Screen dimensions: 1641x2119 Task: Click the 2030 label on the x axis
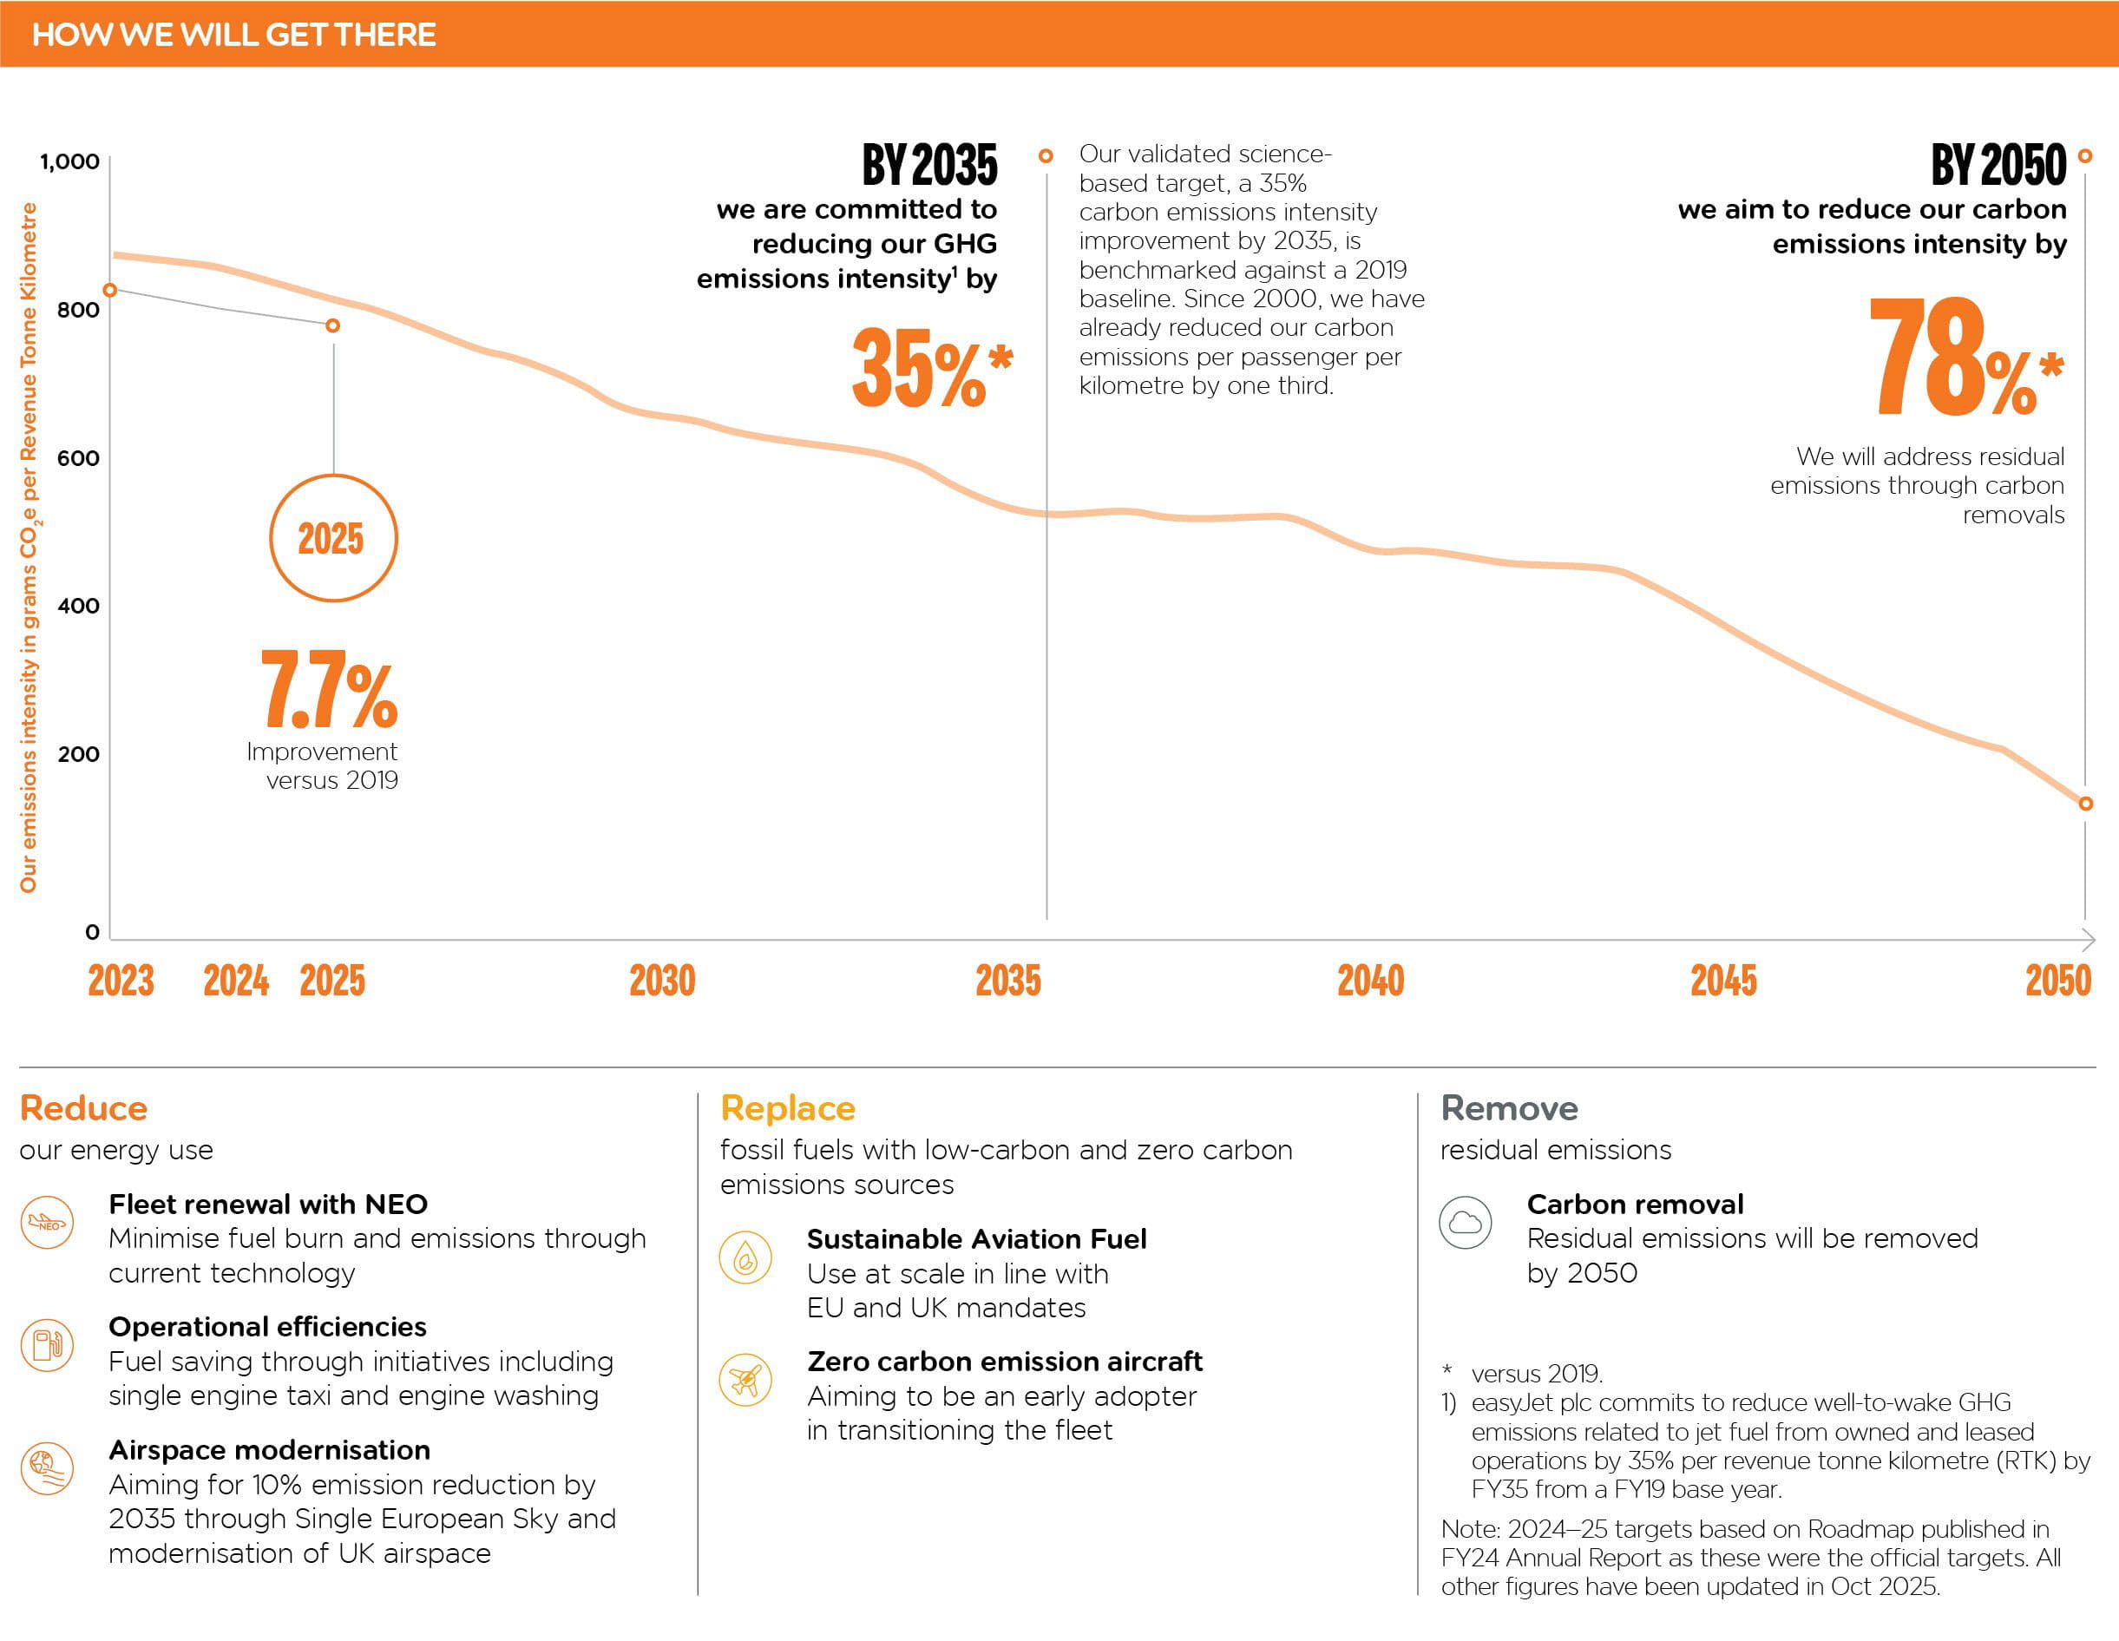click(662, 980)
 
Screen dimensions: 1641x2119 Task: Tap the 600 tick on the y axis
click(79, 458)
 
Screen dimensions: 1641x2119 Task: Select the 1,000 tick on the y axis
click(70, 161)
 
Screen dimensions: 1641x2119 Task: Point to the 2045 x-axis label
click(1723, 980)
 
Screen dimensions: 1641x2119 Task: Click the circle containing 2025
click(333, 539)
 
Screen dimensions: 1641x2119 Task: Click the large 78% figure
click(1965, 358)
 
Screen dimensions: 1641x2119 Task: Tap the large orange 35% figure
click(929, 368)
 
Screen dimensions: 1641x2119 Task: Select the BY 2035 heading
click(929, 164)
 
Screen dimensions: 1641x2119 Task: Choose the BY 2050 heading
click(1998, 164)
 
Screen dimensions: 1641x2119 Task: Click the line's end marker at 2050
click(2085, 804)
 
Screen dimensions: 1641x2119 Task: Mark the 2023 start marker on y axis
click(110, 290)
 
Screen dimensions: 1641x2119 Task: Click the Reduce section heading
click(83, 1108)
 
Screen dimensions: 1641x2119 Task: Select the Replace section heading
click(788, 1108)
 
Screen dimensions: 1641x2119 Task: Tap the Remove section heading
click(1509, 1108)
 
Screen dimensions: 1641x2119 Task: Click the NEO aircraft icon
click(47, 1223)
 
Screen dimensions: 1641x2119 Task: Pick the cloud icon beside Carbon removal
click(1465, 1223)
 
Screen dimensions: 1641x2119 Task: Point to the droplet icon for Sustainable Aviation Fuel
click(745, 1257)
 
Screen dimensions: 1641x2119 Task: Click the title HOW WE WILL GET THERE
click(233, 34)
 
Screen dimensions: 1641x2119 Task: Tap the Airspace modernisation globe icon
click(47, 1468)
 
